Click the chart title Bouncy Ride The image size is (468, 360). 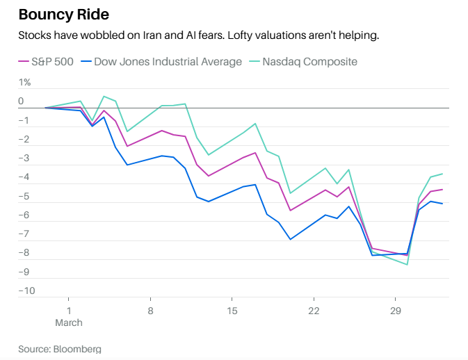(x=63, y=15)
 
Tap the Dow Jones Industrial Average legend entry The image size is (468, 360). (x=168, y=62)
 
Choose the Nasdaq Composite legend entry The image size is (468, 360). (x=309, y=62)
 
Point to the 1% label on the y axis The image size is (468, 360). (x=24, y=83)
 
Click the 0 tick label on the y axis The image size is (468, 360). (x=21, y=101)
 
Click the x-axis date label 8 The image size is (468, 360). (x=150, y=310)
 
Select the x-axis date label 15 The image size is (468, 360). (x=232, y=310)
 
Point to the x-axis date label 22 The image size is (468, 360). (x=314, y=310)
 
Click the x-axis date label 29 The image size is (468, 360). (x=396, y=310)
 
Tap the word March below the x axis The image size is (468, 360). (x=69, y=322)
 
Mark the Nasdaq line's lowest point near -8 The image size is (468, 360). (x=407, y=264)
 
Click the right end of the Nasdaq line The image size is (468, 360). (x=442, y=174)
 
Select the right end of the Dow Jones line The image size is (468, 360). (x=442, y=204)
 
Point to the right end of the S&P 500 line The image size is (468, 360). (x=442, y=190)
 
